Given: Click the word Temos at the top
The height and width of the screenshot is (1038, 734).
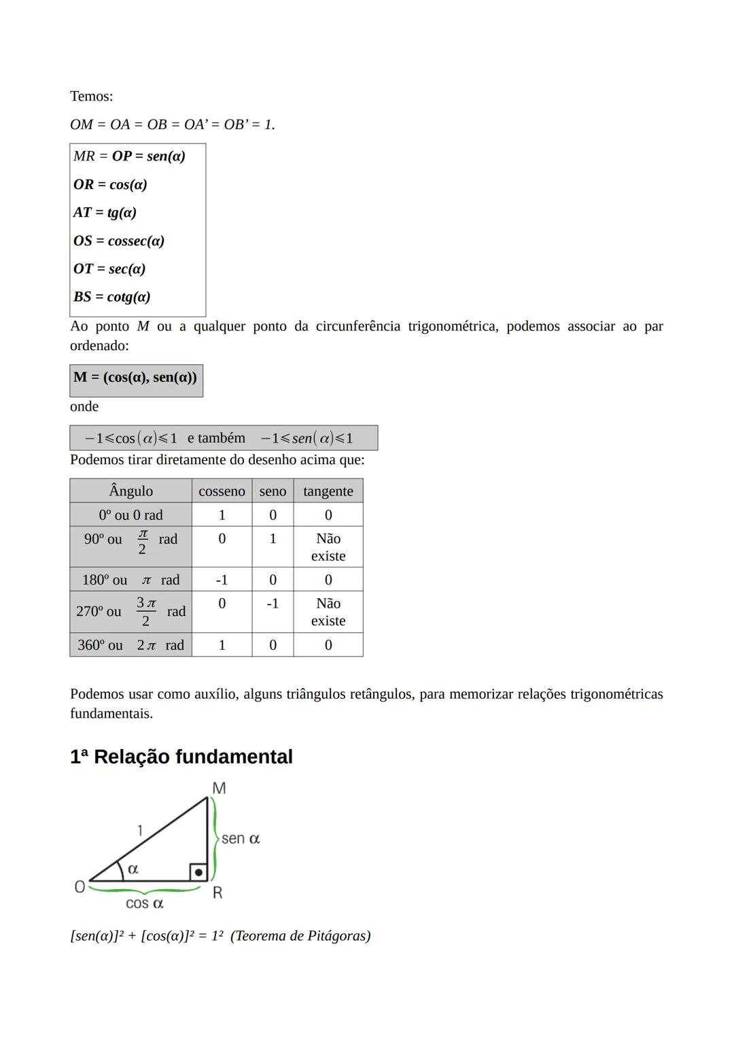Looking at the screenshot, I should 91,97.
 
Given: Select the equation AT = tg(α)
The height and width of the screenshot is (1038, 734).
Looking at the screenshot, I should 105,213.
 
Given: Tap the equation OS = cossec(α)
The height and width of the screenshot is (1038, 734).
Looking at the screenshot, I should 118,241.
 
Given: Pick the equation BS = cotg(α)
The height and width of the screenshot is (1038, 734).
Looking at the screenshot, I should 111,297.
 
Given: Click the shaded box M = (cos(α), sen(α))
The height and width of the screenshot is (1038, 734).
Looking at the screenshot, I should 136,378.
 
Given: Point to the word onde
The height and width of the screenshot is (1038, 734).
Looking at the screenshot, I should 84,406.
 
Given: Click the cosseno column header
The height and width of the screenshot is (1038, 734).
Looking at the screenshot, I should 222,491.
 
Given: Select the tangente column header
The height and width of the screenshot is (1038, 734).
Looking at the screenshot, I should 328,491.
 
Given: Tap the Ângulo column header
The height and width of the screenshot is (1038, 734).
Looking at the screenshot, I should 130,491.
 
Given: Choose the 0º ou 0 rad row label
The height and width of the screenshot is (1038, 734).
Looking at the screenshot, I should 130,515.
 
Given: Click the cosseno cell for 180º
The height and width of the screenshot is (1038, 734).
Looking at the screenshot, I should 222,580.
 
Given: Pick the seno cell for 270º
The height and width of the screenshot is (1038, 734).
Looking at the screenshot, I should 273,604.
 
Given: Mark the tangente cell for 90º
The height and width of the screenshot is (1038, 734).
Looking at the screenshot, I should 328,547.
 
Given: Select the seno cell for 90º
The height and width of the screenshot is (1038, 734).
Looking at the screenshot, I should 273,539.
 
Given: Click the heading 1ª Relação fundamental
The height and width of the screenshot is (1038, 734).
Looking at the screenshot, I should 181,757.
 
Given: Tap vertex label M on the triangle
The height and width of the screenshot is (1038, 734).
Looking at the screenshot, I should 219,789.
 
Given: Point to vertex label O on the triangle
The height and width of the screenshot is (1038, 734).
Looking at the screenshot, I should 80,887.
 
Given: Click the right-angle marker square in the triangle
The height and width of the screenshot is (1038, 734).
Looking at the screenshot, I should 198,872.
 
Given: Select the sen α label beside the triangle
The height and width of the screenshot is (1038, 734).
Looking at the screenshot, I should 241,839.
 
